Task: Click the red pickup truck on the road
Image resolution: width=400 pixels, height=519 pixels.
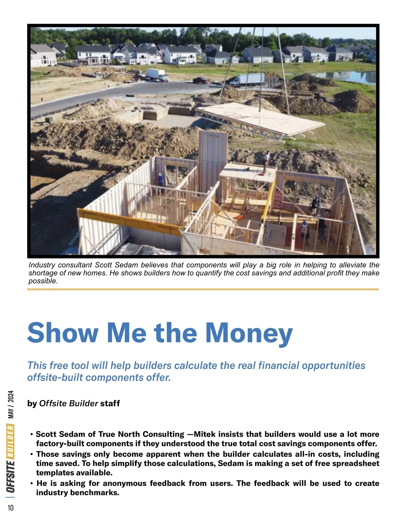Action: [x=201, y=80]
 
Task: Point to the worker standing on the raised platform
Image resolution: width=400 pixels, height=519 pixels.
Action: [x=266, y=161]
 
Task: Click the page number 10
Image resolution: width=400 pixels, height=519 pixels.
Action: [x=11, y=508]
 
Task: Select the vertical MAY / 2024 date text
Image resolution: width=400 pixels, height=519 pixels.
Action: [x=11, y=404]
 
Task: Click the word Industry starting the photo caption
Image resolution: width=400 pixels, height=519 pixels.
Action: [x=42, y=265]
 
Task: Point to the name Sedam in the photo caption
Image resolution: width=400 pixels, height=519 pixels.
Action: [x=127, y=265]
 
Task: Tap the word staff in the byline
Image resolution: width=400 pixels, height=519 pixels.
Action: [x=110, y=403]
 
